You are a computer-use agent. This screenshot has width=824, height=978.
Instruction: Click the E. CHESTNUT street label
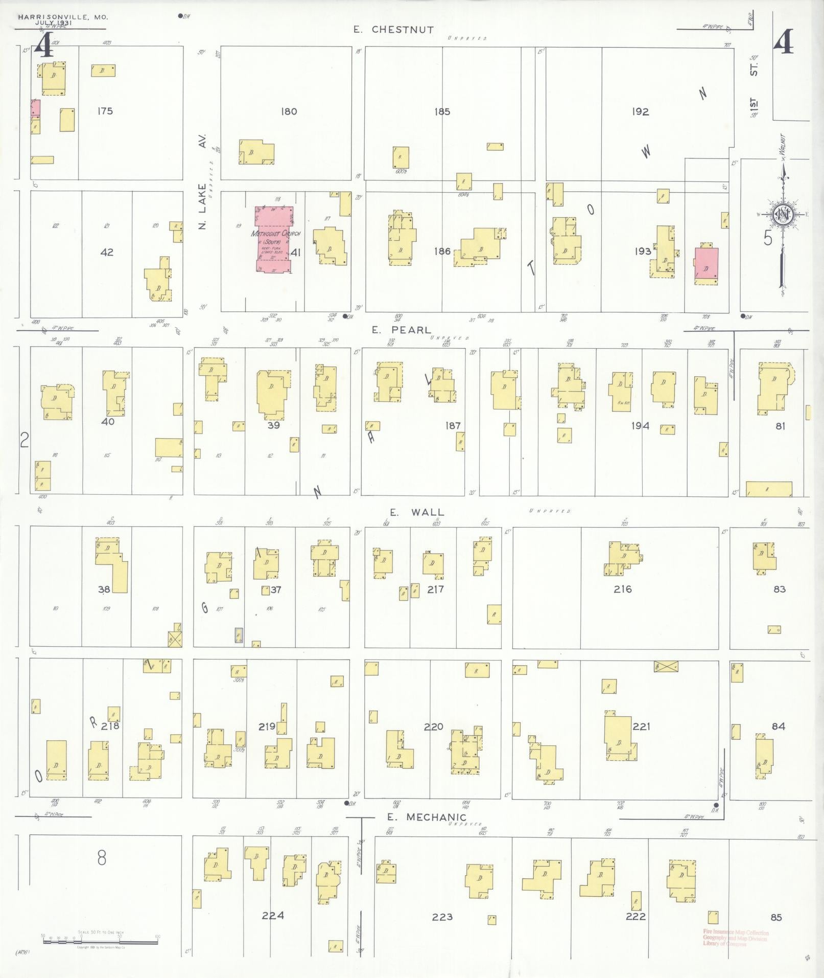(x=394, y=30)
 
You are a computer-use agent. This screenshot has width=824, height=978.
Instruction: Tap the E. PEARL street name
(x=401, y=330)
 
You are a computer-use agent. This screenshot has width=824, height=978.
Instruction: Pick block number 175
(x=105, y=111)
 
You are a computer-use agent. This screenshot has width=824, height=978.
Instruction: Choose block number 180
(x=289, y=111)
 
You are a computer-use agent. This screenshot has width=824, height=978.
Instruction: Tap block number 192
(x=640, y=111)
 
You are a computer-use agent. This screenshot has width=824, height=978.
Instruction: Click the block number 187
(x=453, y=425)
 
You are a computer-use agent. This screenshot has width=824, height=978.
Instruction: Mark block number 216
(x=623, y=589)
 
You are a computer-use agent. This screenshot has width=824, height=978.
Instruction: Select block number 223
(x=442, y=917)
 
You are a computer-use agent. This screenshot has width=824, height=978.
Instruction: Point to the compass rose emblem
(x=782, y=214)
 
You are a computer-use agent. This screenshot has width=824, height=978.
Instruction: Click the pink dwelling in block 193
(x=706, y=266)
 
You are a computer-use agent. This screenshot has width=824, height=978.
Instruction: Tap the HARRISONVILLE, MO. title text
(x=63, y=17)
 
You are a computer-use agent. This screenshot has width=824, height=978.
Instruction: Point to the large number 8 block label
(x=102, y=858)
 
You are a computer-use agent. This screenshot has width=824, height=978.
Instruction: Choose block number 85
(x=776, y=917)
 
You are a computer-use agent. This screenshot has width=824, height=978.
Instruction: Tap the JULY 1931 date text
(x=54, y=24)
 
